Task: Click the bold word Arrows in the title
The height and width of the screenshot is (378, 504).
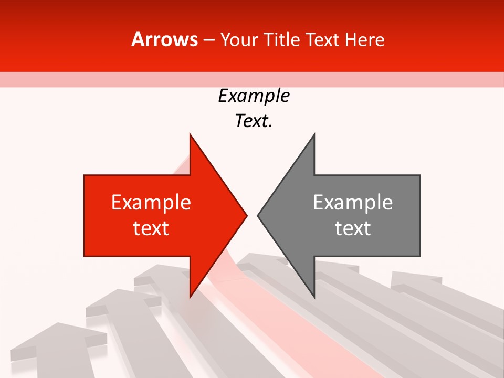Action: point(165,39)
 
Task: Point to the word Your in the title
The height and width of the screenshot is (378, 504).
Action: point(238,39)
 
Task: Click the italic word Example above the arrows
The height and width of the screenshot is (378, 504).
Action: point(254,96)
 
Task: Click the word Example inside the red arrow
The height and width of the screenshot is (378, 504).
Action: point(151,202)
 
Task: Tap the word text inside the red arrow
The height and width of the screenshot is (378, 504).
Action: point(151,228)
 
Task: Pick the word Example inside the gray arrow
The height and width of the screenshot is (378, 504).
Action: point(353,202)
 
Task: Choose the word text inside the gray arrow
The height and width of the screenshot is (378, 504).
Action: point(353,228)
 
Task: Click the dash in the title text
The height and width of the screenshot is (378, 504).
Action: point(208,40)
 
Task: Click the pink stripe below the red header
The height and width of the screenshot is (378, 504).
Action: point(252,79)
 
